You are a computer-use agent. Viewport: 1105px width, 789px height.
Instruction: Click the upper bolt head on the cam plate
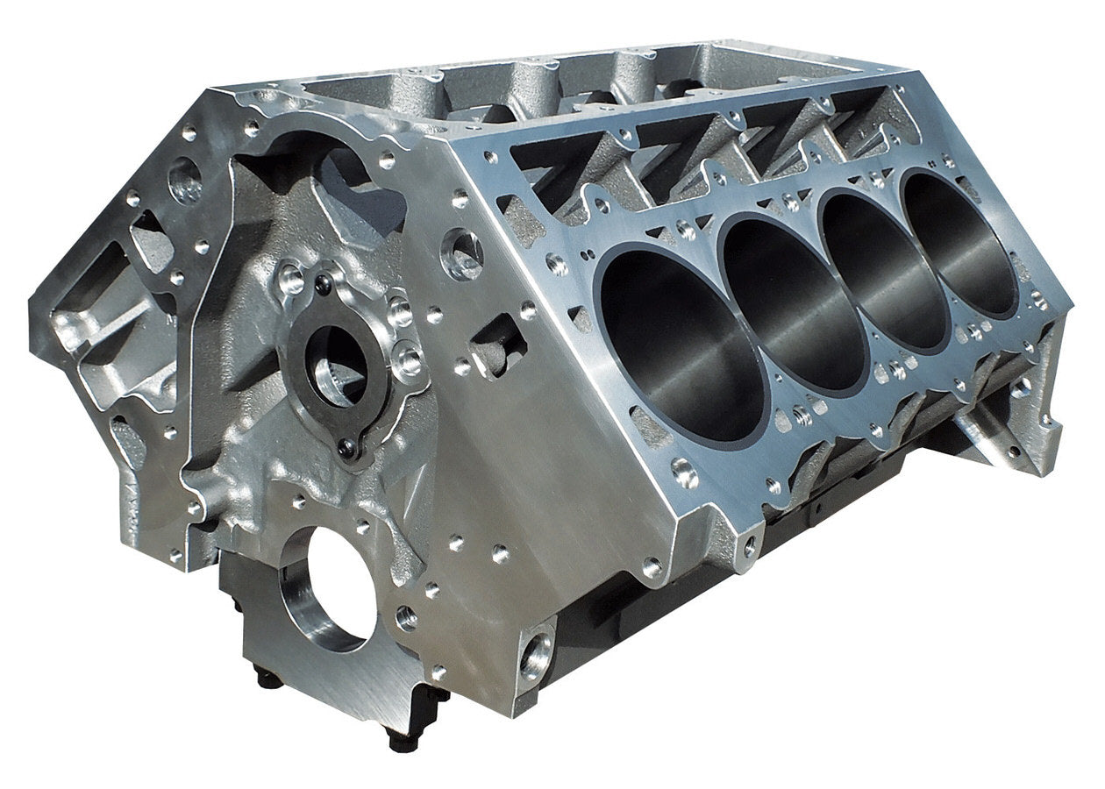click(324, 282)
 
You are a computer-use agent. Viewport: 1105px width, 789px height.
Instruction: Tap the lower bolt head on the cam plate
click(349, 450)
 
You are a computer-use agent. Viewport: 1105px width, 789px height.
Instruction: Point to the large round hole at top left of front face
click(186, 180)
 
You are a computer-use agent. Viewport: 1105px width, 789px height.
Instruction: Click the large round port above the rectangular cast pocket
click(463, 252)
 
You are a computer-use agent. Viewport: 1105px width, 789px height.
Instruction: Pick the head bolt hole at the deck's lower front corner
click(685, 473)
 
